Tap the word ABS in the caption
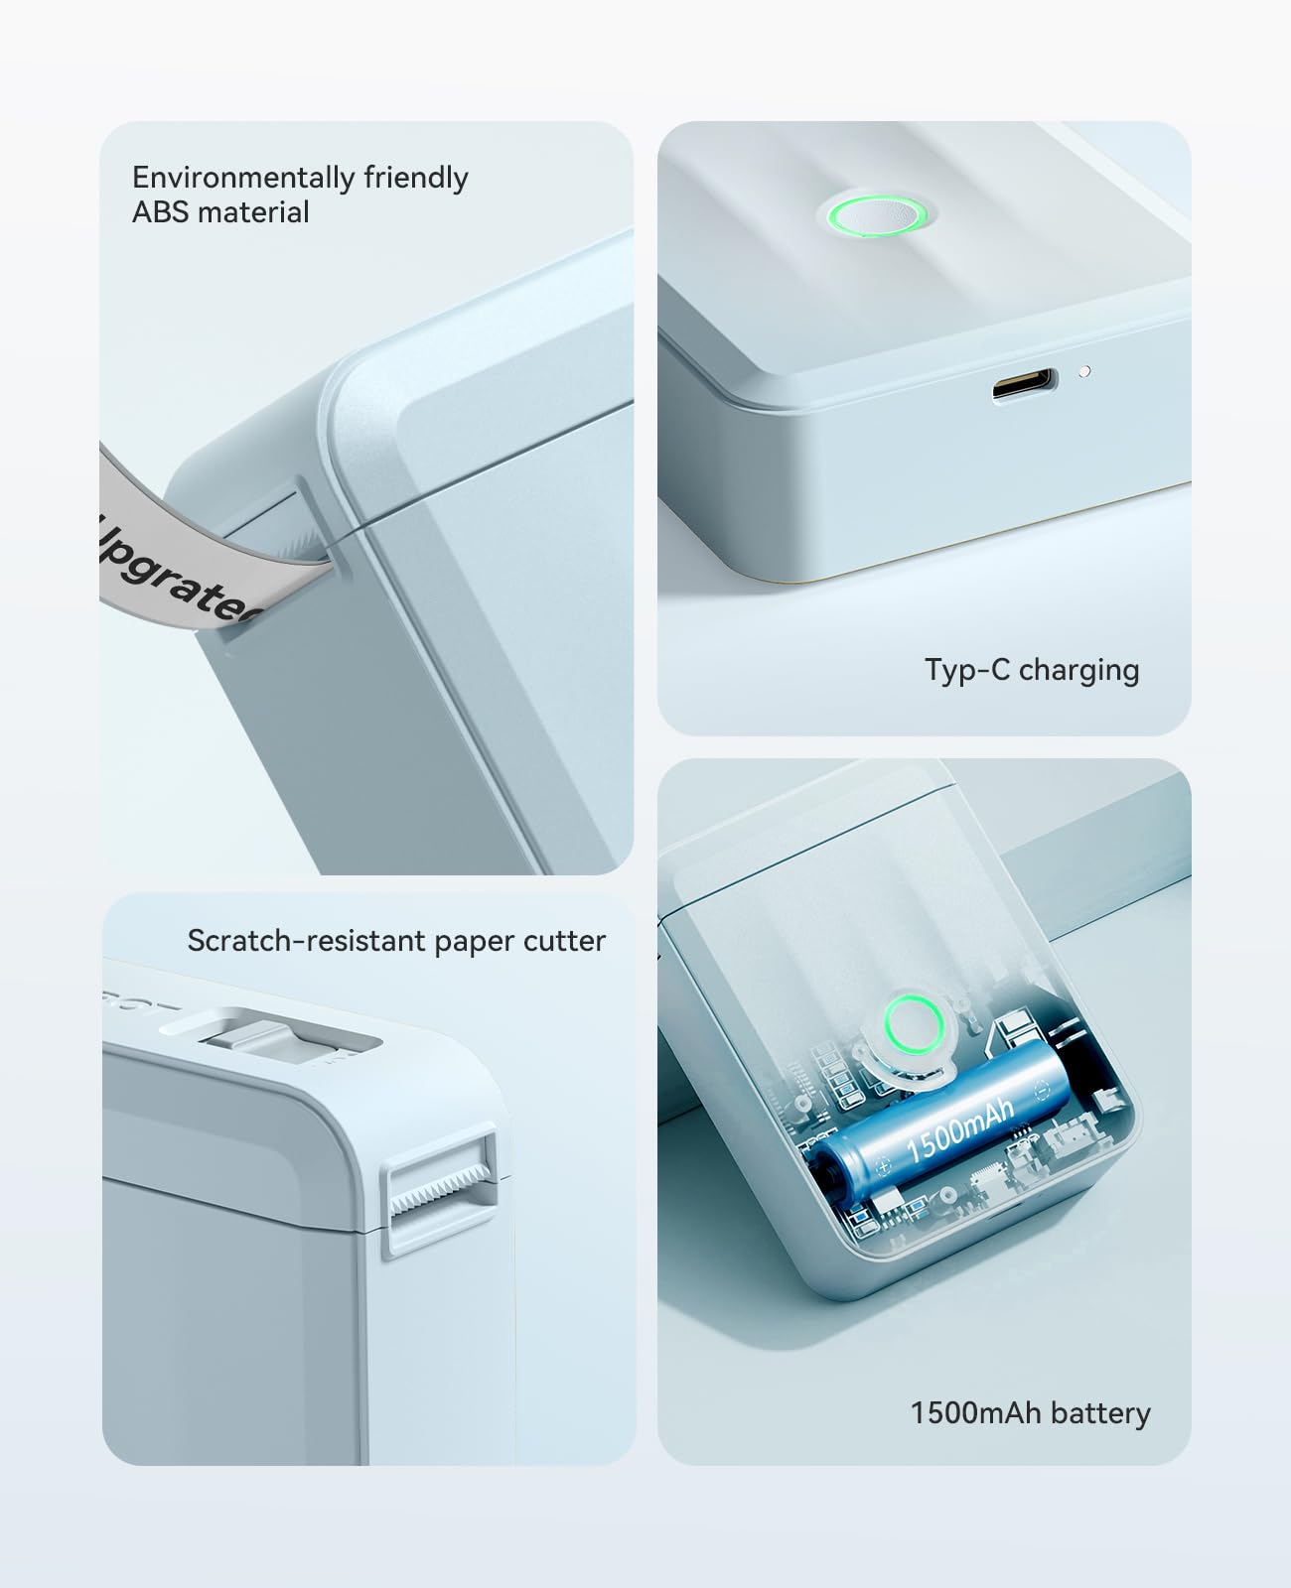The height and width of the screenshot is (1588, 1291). click(x=161, y=212)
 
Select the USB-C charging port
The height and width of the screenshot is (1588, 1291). click(x=1023, y=383)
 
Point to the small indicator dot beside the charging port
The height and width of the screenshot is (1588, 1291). click(x=1084, y=371)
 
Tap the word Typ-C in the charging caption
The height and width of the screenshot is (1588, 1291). click(x=966, y=670)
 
